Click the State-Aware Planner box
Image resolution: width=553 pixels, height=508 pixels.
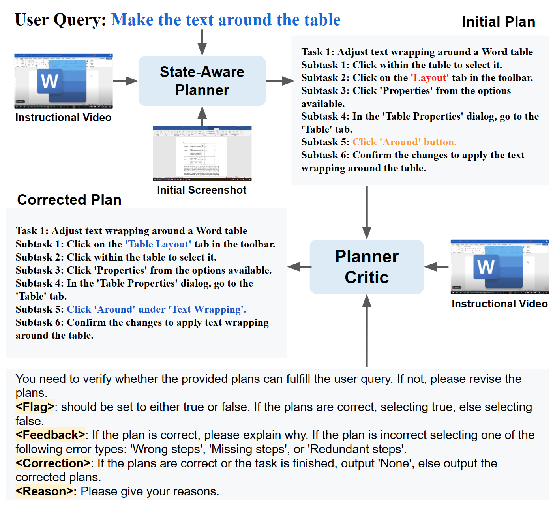202,81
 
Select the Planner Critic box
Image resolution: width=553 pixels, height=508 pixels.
366,267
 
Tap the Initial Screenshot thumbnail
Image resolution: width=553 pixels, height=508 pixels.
202,154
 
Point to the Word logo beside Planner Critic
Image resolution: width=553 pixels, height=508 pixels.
486,267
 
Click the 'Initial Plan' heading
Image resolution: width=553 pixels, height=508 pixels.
498,22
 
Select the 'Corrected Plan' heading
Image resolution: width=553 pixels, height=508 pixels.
69,200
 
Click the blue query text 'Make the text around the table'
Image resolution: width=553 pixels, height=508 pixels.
226,20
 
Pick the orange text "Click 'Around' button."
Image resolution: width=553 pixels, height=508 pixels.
404,142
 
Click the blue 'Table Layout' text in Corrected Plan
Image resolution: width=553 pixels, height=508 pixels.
158,244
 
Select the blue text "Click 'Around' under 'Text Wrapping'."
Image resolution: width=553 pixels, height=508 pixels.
156,309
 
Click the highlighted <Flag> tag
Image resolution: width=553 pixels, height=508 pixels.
35,407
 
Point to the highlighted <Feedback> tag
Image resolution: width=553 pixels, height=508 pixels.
50,435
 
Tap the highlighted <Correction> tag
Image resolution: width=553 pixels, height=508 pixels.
53,463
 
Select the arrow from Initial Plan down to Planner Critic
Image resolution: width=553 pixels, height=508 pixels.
367,212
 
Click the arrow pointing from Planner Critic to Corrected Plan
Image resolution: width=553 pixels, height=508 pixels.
299,267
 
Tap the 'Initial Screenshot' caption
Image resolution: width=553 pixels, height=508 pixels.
202,190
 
